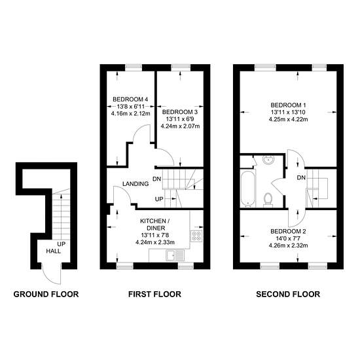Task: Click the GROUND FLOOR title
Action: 46,294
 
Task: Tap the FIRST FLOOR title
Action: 154,294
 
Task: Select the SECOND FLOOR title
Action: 288,294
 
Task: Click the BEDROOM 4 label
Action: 130,99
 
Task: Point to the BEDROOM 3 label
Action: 180,112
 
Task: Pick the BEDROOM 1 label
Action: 288,105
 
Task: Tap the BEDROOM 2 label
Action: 288,231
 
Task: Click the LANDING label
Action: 135,184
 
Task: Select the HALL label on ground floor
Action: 54,251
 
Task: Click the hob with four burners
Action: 196,236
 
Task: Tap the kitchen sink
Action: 175,255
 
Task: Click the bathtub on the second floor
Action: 247,189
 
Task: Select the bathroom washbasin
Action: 268,160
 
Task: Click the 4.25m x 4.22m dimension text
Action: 288,119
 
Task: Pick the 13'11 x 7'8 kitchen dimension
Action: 155,235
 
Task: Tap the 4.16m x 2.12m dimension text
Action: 130,113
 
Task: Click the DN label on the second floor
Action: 301,177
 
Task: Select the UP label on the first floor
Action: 159,199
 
